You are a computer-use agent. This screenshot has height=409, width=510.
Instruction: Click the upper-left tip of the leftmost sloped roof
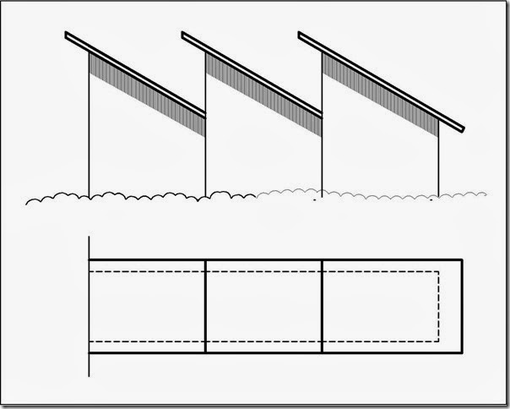click(68, 35)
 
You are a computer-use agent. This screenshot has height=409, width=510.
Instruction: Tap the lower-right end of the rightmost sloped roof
click(462, 128)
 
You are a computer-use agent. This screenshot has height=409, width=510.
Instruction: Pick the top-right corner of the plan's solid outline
click(461, 259)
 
